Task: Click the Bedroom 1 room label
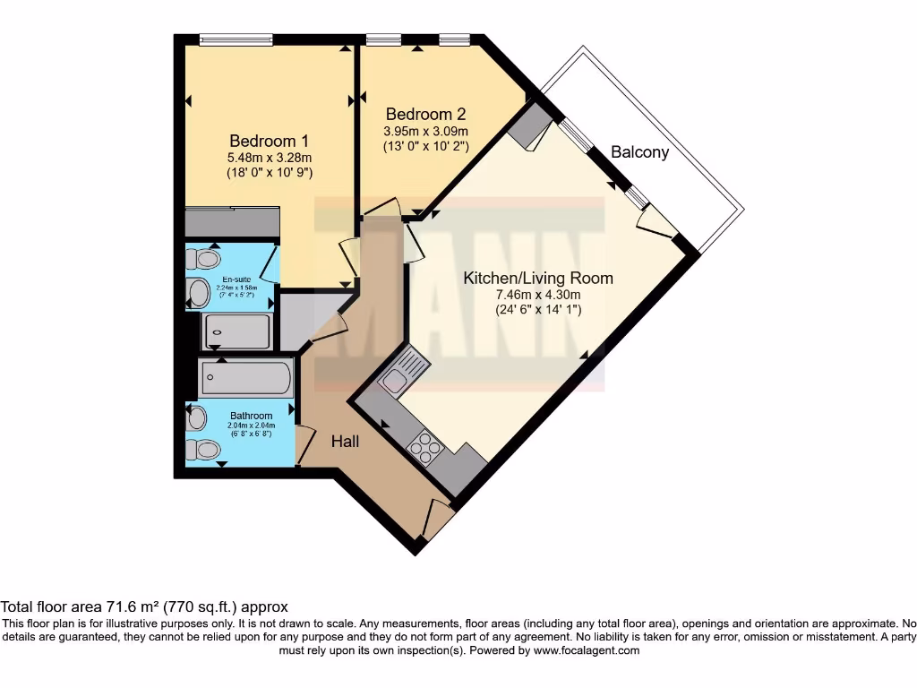(269, 141)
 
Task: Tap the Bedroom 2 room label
(425, 115)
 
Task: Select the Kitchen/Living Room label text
(537, 278)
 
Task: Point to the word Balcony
(639, 152)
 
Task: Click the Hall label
(346, 441)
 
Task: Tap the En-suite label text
(236, 279)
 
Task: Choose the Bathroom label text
(251, 416)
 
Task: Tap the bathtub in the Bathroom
(246, 378)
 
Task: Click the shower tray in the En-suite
(236, 331)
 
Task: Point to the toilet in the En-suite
(205, 260)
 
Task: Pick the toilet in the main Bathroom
(204, 449)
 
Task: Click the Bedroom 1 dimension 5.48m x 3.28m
(269, 157)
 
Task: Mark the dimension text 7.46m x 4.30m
(537, 295)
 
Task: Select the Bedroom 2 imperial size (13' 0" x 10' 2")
(425, 145)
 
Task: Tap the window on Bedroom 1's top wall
(236, 39)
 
